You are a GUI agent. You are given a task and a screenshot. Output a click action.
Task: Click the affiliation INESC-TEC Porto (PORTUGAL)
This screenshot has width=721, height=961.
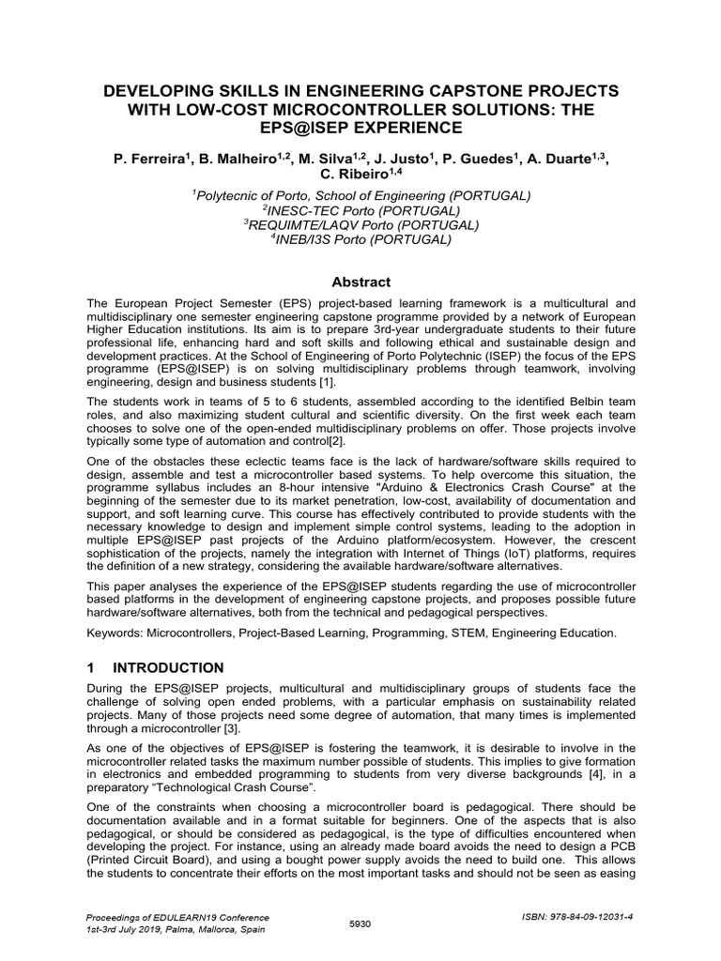click(362, 210)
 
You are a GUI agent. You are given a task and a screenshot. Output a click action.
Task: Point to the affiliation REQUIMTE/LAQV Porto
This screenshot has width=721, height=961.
click(362, 225)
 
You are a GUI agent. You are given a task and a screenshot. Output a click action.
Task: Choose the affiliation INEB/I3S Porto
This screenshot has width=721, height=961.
click(362, 240)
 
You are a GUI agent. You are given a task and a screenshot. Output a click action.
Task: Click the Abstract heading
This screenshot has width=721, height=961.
click(361, 282)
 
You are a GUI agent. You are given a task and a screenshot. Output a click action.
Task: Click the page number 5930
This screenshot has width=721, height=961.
click(360, 923)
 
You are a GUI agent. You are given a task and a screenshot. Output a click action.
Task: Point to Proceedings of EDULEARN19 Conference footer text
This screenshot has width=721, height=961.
click(177, 917)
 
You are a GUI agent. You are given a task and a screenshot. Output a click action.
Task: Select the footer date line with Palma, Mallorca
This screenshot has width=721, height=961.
click(174, 929)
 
